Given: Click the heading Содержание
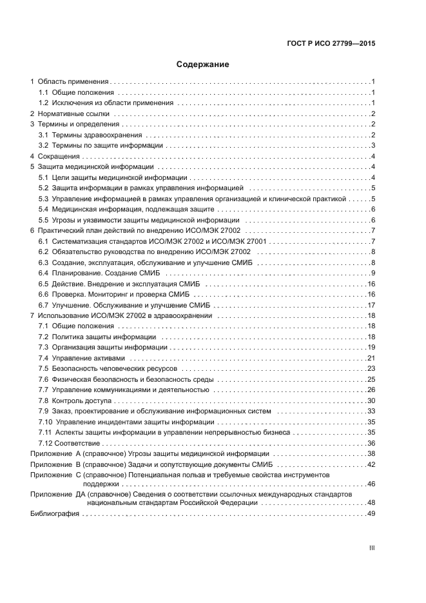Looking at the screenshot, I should click(203, 64).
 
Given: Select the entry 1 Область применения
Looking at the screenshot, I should click(69, 82).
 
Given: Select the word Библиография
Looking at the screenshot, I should click(55, 514).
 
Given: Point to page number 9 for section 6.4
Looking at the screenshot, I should click(373, 273).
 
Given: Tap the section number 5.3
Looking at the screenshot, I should click(43, 199).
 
